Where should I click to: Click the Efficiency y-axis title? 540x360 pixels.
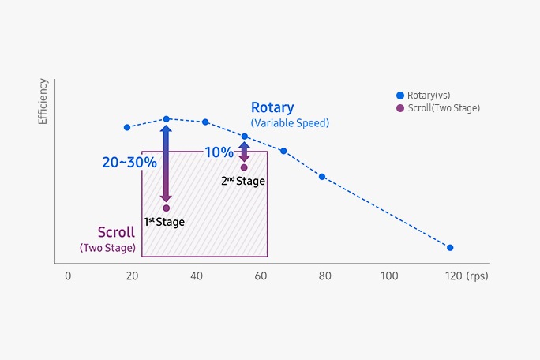43,102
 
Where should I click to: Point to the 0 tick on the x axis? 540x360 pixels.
68,276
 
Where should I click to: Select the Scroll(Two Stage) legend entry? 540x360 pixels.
438,108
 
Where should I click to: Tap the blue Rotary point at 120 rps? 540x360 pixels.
450,248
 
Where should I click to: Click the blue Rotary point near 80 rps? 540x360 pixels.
322,176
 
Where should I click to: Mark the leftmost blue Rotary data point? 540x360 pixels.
126,127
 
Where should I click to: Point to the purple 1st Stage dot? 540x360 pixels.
166,208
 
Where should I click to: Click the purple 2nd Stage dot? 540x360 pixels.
244,167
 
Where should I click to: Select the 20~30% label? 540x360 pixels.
129,162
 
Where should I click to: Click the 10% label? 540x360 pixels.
219,152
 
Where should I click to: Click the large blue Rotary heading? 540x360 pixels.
272,107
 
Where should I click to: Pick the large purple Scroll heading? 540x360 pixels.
116,232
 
